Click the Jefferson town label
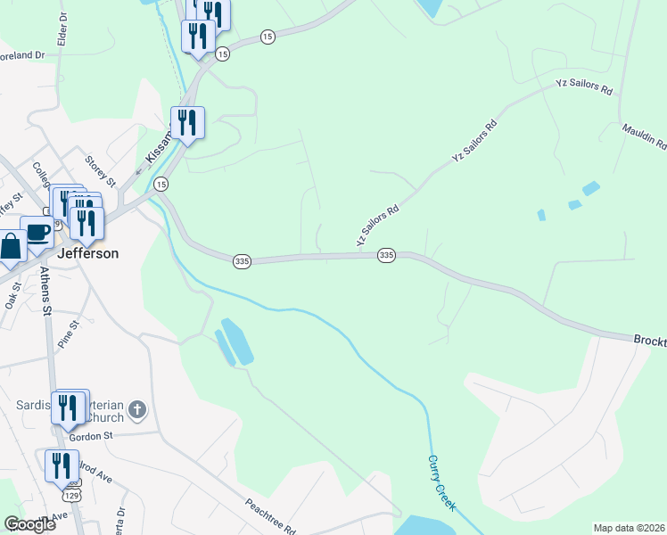(x=87, y=253)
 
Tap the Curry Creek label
(x=441, y=482)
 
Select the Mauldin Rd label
(x=645, y=135)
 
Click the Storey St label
(x=100, y=170)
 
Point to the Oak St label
(x=12, y=293)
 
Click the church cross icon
(x=136, y=409)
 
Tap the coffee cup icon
(x=37, y=233)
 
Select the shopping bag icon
(x=12, y=245)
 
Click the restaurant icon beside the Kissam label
(x=187, y=122)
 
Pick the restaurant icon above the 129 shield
(x=61, y=465)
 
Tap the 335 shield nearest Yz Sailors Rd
(x=386, y=255)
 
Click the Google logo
(x=30, y=524)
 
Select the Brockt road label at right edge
(x=649, y=341)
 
